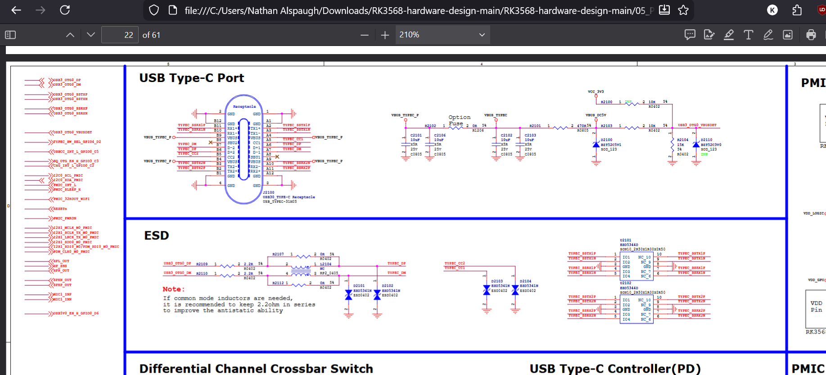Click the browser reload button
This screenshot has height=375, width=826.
point(65,10)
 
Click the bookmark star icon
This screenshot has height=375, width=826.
point(683,10)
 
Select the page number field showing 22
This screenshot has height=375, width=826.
point(120,35)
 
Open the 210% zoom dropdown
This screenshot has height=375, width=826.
point(442,35)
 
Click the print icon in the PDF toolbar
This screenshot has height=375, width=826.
point(811,35)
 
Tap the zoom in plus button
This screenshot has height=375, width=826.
point(385,35)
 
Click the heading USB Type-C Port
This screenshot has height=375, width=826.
point(191,78)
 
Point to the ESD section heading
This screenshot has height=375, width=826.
point(156,235)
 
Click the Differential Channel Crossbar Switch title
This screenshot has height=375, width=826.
point(256,368)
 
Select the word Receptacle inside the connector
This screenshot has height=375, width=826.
point(244,107)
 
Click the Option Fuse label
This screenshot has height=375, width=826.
point(459,120)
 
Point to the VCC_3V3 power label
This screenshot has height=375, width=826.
point(596,91)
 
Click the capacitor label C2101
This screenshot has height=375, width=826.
point(416,135)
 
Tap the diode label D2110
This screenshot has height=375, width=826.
point(706,140)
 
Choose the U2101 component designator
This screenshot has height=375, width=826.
point(625,240)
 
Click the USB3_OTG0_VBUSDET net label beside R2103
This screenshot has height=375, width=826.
point(697,125)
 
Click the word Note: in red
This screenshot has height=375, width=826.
point(173,289)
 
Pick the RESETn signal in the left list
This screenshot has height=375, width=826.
point(60,209)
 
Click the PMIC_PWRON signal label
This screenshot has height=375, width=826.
point(65,218)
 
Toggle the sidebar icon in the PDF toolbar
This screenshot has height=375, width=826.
point(10,35)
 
